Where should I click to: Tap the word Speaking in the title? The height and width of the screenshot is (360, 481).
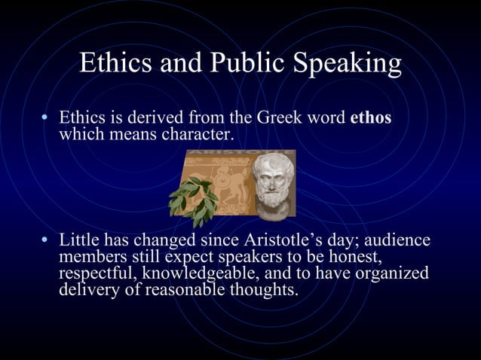(348, 64)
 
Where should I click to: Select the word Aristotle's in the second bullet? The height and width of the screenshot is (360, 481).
(283, 242)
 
